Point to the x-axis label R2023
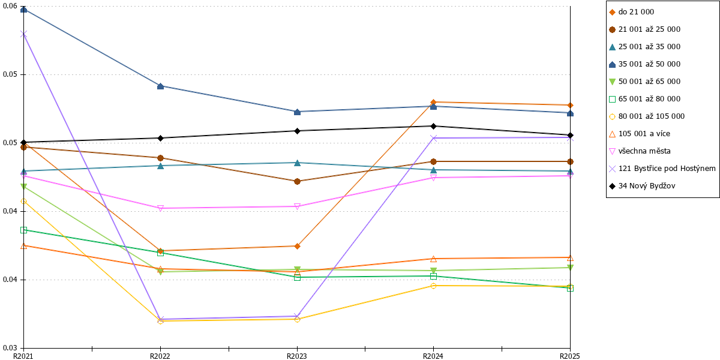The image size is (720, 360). point(297,356)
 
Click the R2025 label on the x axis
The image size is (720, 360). point(570,356)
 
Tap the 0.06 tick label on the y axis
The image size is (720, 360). point(10,6)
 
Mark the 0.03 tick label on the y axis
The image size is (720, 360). point(10,348)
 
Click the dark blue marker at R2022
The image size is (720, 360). point(160,86)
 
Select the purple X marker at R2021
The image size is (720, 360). point(23,34)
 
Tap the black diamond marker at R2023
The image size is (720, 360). point(298,131)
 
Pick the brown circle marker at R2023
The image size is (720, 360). point(298,182)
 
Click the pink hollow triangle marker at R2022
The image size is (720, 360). point(160,208)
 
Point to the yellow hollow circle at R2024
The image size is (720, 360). point(433,286)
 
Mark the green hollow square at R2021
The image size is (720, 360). point(23,230)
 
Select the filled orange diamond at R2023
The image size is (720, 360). point(298,246)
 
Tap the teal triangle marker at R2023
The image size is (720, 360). point(298,163)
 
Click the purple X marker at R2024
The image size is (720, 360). point(433,138)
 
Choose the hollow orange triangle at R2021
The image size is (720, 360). point(23,246)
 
